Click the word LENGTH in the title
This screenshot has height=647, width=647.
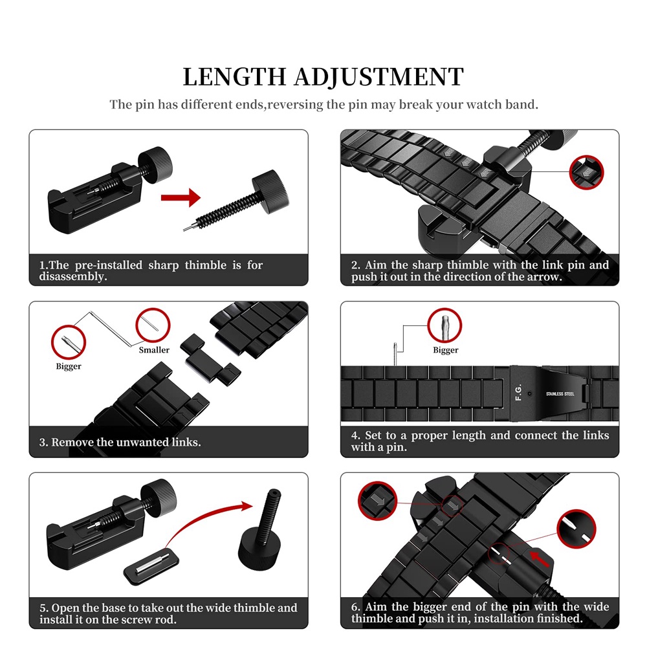(234, 77)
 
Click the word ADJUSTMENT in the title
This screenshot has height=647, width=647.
(378, 77)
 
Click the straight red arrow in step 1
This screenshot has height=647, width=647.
(181, 197)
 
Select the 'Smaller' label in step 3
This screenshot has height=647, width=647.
(154, 350)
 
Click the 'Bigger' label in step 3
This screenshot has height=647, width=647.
(69, 366)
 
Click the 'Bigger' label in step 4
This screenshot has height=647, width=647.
(446, 350)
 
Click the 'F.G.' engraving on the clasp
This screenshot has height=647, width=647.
(519, 392)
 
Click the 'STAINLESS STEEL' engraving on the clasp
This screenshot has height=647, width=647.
(560, 394)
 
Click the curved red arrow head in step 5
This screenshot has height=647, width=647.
(247, 506)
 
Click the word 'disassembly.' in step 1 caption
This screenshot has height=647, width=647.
(73, 276)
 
